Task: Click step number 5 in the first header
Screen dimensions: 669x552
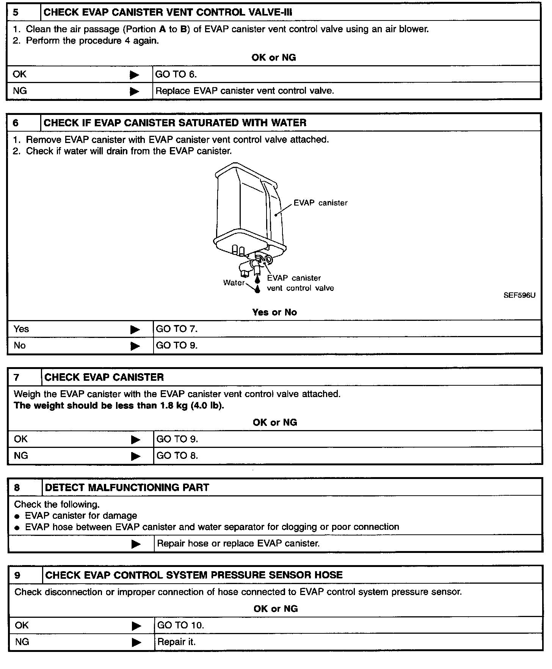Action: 16,13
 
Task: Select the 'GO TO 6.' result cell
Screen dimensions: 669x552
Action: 176,74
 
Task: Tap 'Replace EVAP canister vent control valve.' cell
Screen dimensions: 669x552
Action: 245,91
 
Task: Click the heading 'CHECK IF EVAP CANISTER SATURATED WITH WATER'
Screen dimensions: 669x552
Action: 175,123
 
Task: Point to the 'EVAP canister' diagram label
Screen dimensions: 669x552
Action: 320,203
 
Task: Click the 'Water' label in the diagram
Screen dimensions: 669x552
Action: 234,283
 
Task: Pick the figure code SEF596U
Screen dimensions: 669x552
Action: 519,295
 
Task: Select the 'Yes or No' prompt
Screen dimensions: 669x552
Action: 274,312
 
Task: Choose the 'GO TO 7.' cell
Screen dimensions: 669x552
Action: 177,329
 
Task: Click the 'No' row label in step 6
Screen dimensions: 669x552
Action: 20,345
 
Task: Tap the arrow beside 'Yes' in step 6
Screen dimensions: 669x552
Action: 135,330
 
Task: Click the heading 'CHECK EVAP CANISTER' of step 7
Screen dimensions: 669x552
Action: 104,377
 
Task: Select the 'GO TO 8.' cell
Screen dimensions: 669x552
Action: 177,455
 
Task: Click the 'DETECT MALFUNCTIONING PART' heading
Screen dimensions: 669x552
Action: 127,487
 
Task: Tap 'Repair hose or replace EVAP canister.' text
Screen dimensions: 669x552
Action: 238,543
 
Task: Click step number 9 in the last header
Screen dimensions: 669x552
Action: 17,575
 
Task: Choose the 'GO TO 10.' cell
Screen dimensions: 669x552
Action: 180,625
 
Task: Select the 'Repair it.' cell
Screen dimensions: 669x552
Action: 176,642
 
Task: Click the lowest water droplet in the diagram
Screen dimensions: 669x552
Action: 258,289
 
